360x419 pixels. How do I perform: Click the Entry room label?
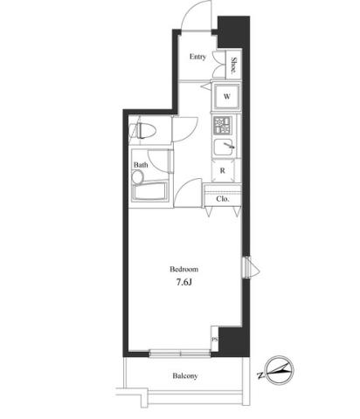[197, 57]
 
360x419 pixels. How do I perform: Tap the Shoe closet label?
[233, 65]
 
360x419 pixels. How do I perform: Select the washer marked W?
[227, 96]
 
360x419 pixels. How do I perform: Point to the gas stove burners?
[222, 125]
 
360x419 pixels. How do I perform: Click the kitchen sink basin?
[224, 147]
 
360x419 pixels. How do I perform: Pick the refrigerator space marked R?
[223, 171]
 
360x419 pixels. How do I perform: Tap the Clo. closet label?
[223, 199]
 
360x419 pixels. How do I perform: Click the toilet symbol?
[142, 130]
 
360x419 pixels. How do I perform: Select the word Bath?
[141, 165]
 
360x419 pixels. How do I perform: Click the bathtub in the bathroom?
[150, 191]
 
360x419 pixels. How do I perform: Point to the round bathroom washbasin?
[137, 176]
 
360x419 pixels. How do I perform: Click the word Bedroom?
[184, 269]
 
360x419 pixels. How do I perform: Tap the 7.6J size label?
[184, 282]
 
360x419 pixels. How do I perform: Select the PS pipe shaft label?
[215, 340]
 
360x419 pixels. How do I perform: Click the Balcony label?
[185, 376]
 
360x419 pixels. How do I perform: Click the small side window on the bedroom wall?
[247, 267]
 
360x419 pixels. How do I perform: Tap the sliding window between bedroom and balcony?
[180, 354]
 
